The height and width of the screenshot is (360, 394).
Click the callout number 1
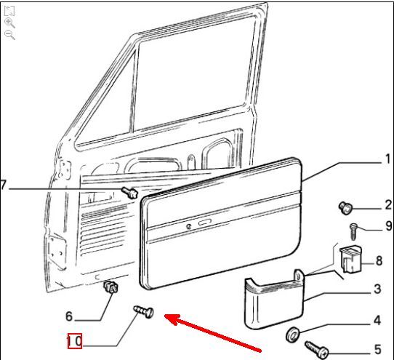(387, 159)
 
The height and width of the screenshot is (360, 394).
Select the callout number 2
(388, 205)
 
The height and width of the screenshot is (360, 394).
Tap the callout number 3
(377, 289)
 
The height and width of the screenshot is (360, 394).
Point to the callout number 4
(377, 321)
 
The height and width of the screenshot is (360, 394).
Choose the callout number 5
(378, 349)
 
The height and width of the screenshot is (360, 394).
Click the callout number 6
(69, 316)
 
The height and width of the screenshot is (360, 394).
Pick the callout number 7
(3, 185)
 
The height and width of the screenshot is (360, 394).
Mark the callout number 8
(379, 260)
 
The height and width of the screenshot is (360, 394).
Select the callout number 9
(389, 226)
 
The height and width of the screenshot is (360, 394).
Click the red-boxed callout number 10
(75, 341)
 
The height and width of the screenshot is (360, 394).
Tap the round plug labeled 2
(345, 208)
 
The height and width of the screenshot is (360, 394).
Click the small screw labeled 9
(353, 231)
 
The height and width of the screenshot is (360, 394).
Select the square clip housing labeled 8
(350, 260)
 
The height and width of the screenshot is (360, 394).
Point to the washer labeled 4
(292, 335)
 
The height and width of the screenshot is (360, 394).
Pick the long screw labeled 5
(317, 350)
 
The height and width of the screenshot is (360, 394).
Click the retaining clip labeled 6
(111, 287)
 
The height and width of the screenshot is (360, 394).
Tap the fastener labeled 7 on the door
(130, 192)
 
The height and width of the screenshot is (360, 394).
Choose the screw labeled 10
(143, 312)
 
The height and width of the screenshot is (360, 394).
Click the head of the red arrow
(169, 317)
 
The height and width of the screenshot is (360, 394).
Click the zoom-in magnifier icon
(9, 23)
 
